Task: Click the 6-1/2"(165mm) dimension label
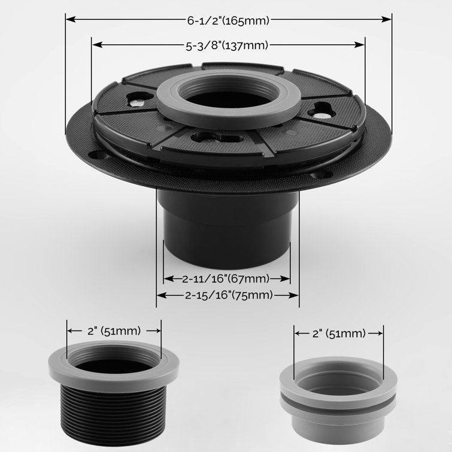click(228, 19)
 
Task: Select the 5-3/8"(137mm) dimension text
click(228, 45)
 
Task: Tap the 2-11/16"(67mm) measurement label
click(227, 278)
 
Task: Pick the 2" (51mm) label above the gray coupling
click(338, 333)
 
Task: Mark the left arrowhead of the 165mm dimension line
click(69, 19)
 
